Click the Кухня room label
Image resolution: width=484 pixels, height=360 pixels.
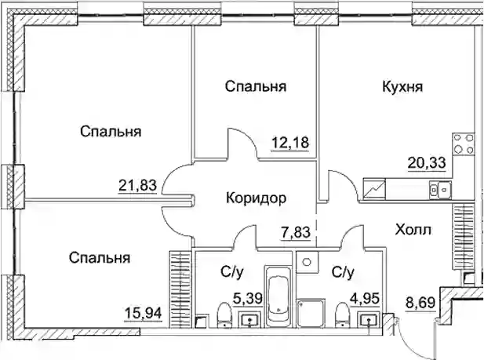click(x=402, y=87)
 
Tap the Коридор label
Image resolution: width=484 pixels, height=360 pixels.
click(x=257, y=198)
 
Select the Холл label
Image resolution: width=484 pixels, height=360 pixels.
click(x=413, y=230)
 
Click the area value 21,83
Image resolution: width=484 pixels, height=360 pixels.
click(x=137, y=186)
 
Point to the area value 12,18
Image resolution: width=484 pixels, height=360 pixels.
click(x=290, y=143)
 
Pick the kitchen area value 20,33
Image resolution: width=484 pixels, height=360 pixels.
click(x=427, y=162)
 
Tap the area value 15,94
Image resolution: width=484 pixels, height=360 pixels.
click(x=143, y=314)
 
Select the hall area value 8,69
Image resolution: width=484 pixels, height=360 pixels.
click(x=421, y=303)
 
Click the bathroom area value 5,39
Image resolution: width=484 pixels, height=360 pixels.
click(x=248, y=299)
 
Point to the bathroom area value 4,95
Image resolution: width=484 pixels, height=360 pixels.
click(x=364, y=299)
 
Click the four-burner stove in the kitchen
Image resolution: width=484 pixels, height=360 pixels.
click(x=464, y=144)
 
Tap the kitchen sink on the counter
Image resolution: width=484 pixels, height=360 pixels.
click(x=441, y=190)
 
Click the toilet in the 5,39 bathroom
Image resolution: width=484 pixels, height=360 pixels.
click(x=224, y=315)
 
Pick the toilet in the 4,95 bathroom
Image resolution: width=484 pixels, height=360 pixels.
click(x=342, y=315)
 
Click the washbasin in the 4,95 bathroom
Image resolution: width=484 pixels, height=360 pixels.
click(x=369, y=319)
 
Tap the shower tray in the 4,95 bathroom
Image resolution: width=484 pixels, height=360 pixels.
click(x=311, y=312)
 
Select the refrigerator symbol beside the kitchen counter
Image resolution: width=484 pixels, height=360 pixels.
click(x=374, y=189)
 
